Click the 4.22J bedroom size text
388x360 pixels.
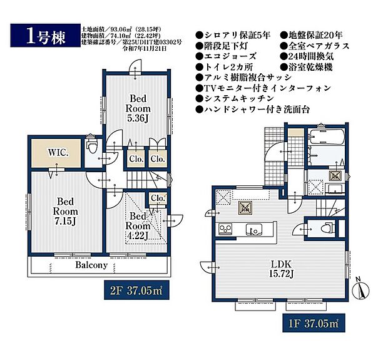click(x=138, y=237)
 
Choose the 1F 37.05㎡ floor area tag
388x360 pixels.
click(x=310, y=324)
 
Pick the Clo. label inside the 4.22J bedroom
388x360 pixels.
click(x=157, y=199)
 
